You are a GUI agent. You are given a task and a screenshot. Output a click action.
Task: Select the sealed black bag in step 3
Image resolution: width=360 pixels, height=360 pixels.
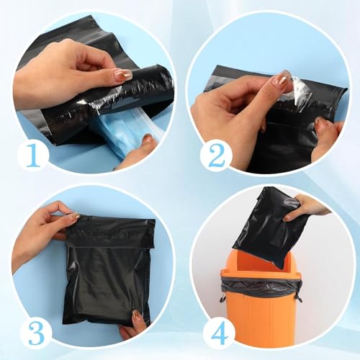109,272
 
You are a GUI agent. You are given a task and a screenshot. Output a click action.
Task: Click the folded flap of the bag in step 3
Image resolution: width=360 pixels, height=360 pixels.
110,233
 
